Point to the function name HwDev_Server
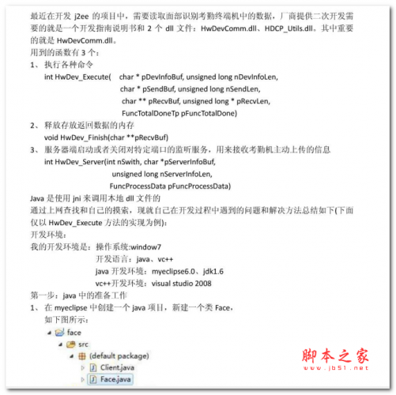(x=80, y=161)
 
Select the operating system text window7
(x=151, y=246)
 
